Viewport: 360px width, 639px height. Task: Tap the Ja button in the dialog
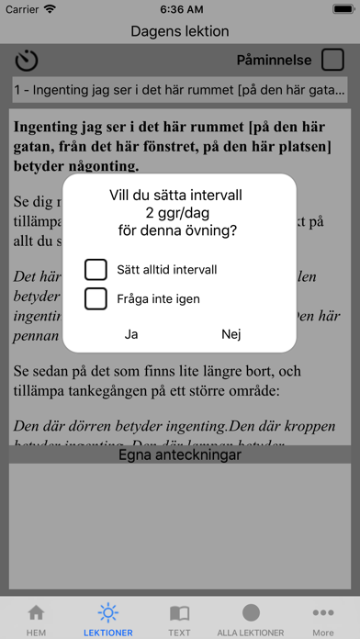pos(131,334)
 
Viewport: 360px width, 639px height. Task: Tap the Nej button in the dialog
pos(231,334)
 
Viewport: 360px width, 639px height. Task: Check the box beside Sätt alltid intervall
pos(96,269)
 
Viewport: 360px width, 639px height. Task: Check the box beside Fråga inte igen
pos(96,298)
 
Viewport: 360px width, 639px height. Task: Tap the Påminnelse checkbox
pos(332,61)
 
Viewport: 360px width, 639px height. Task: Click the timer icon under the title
pos(27,61)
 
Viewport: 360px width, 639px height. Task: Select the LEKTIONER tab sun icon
pos(108,612)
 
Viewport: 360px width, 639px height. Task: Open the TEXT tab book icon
pos(180,612)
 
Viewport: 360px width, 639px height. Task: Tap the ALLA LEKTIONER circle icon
pos(252,612)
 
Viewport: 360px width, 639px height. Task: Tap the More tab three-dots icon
pos(323,612)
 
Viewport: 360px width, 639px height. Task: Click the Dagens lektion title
pos(180,31)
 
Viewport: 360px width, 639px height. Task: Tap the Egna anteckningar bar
pos(180,454)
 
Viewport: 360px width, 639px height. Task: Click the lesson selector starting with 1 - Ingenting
pos(180,90)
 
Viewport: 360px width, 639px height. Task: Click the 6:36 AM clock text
pos(180,9)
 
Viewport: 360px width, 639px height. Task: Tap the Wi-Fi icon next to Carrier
pos(50,9)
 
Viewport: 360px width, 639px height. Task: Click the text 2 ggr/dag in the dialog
pos(180,214)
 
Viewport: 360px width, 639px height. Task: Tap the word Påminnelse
pos(275,61)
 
